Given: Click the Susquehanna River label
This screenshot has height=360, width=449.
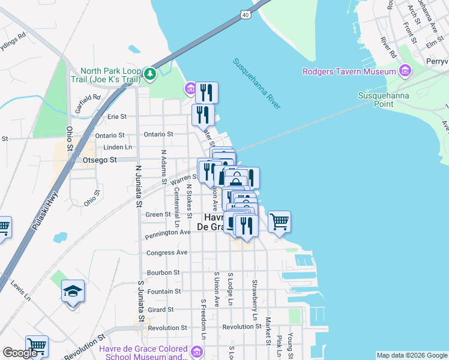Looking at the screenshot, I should (x=256, y=83).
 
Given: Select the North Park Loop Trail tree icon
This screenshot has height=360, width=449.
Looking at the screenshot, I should (x=149, y=74).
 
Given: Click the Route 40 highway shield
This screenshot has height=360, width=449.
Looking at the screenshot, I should (x=247, y=13).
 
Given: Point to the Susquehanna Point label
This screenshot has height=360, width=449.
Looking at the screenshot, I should (x=384, y=99).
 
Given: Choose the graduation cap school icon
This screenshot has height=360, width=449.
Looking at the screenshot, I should (x=73, y=291).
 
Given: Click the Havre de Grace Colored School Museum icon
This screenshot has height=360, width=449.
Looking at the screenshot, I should (x=196, y=350).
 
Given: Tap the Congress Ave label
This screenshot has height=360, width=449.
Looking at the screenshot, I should (x=167, y=253).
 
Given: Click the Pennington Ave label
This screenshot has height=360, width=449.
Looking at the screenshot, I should (x=167, y=232).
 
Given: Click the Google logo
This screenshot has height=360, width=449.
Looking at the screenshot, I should (x=19, y=353).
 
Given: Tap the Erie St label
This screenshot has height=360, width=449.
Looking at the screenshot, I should (x=117, y=116).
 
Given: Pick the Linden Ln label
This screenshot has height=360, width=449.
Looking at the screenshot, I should (x=118, y=147).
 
